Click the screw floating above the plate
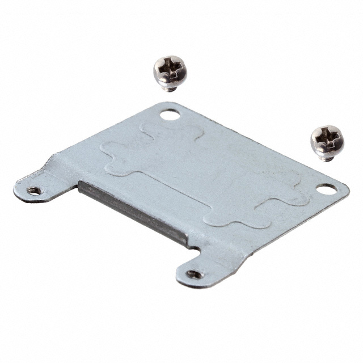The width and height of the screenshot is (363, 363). click(x=170, y=72)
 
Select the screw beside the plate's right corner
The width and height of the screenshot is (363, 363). click(x=327, y=142)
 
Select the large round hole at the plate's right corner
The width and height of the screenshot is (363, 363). click(x=326, y=189)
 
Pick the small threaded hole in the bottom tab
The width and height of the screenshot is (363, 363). click(x=195, y=274)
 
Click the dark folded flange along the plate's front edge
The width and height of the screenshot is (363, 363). click(x=133, y=212)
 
